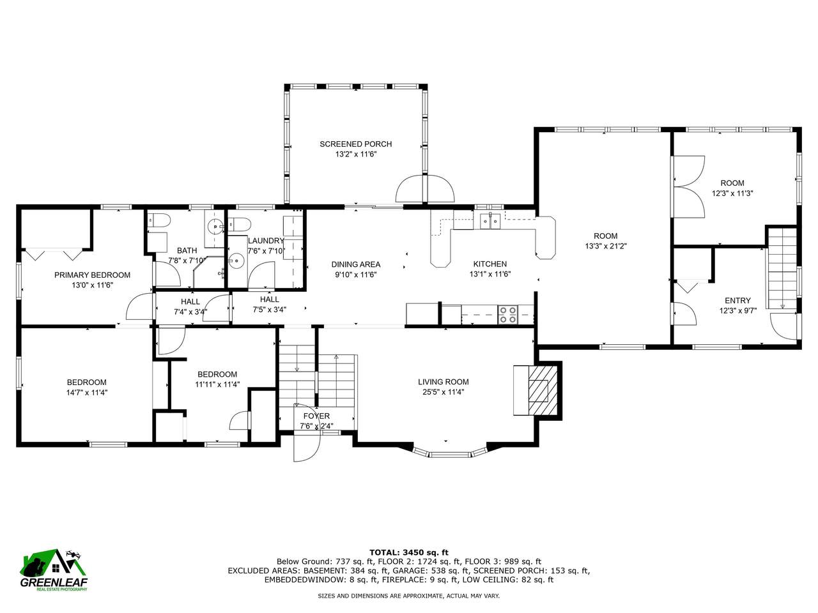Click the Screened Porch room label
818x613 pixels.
coord(355,144)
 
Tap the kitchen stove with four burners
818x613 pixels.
coord(507,315)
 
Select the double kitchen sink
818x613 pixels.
coord(490,221)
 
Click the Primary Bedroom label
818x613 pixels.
coord(92,275)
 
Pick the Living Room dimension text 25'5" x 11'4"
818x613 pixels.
coord(443,392)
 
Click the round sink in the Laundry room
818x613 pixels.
coord(236,261)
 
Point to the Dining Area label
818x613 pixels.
coord(355,264)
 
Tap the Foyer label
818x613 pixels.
coord(316,416)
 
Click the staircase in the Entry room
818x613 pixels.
coord(782,268)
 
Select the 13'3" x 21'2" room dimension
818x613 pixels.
coord(606,246)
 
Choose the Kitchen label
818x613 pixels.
coord(490,264)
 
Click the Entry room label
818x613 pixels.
coord(737,301)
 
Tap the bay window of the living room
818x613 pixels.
coord(450,453)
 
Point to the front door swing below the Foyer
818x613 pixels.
coord(306,446)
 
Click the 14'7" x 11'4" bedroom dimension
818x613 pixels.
coord(87,392)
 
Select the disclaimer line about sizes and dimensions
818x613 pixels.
coord(408,596)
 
